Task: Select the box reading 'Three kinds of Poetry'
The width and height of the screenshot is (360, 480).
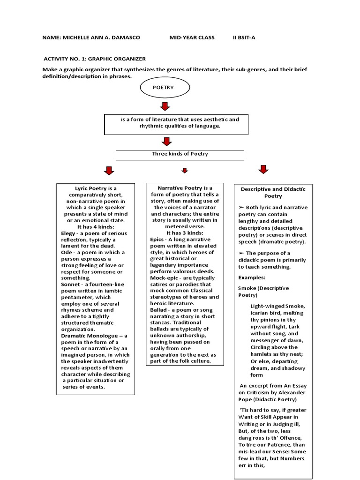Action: [180, 154]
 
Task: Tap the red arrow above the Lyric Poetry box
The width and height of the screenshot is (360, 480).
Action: [109, 170]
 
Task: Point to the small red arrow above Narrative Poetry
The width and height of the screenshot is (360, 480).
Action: [185, 171]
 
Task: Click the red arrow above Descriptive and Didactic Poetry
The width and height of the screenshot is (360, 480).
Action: [263, 169]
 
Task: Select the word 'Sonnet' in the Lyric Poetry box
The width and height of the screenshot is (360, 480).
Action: [71, 284]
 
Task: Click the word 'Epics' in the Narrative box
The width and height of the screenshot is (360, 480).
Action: [157, 239]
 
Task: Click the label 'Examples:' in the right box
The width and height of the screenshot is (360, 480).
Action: [251, 277]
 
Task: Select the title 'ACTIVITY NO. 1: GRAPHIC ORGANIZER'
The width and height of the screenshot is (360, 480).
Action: [94, 59]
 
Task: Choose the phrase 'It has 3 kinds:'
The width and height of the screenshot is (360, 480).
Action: [185, 232]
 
